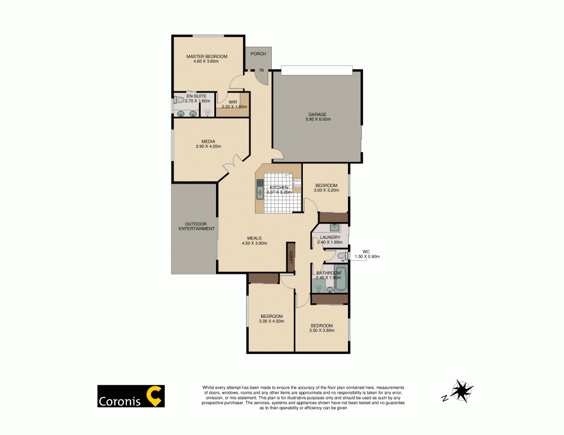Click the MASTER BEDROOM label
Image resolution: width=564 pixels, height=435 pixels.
(206, 57)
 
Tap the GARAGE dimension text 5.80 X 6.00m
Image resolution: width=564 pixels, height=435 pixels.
(316, 119)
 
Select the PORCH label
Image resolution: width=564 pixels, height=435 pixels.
(258, 54)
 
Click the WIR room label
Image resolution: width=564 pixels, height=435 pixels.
(232, 102)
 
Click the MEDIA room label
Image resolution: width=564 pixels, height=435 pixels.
(209, 141)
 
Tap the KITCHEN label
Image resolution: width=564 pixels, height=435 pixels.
(279, 188)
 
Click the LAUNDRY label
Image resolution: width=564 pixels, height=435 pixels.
(330, 237)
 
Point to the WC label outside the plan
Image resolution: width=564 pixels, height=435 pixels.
(365, 251)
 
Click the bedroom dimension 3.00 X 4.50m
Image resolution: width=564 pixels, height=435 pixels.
(271, 321)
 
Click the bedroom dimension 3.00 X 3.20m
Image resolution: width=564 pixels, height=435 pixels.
(326, 190)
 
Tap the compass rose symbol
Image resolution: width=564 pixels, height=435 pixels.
(462, 390)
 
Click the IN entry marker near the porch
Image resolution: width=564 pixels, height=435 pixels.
(261, 70)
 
